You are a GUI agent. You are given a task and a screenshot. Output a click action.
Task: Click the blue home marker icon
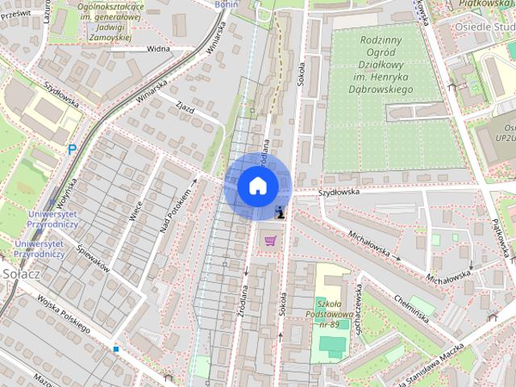258,186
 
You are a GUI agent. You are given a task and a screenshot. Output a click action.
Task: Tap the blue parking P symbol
72,149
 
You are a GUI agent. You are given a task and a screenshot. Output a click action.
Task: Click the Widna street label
160,48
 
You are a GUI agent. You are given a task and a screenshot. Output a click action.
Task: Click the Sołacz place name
15,275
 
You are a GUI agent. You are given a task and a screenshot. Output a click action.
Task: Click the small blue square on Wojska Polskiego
116,349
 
